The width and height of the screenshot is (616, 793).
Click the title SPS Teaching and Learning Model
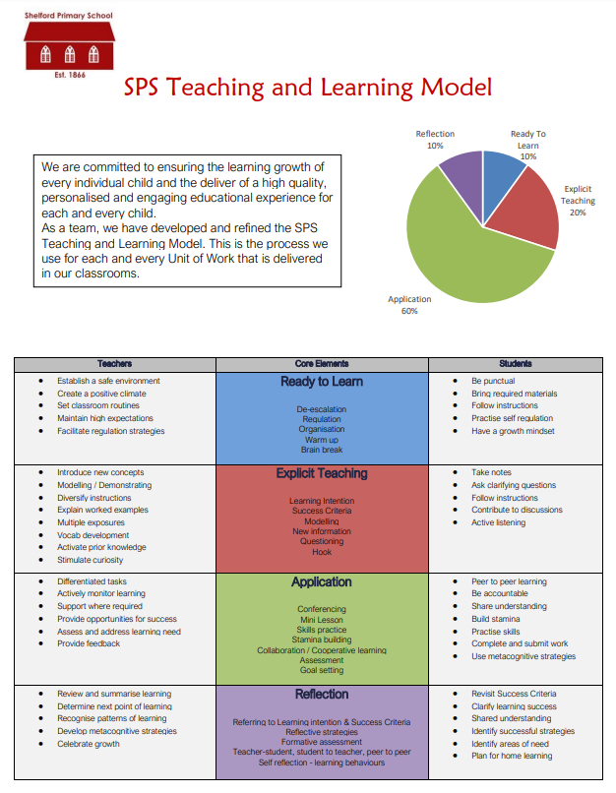click(307, 88)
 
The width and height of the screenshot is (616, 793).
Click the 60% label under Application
click(408, 311)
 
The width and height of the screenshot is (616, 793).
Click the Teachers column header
click(114, 364)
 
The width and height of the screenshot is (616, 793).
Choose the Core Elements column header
click(322, 364)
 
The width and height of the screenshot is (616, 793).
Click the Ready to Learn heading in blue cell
click(322, 382)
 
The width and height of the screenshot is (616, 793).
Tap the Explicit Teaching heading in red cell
click(322, 473)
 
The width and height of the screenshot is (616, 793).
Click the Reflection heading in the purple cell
click(322, 694)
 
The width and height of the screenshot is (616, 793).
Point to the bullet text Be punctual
click(493, 381)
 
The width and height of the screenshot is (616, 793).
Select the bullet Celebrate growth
click(88, 744)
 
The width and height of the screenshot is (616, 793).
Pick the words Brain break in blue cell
click(322, 450)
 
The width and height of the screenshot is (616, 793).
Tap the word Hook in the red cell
click(322, 552)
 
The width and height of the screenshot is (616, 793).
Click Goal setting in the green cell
click(322, 670)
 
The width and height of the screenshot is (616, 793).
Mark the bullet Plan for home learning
click(512, 756)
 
